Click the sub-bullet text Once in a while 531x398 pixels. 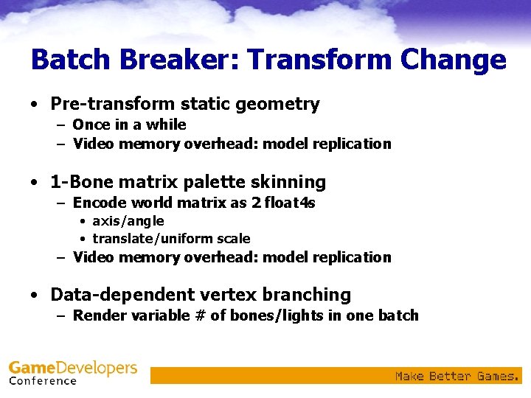129,125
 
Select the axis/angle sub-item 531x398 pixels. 128,221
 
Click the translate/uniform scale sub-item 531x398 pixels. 171,239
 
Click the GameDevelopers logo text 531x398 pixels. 73,368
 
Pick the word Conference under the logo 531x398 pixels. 43,381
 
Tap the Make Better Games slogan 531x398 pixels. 457,377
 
